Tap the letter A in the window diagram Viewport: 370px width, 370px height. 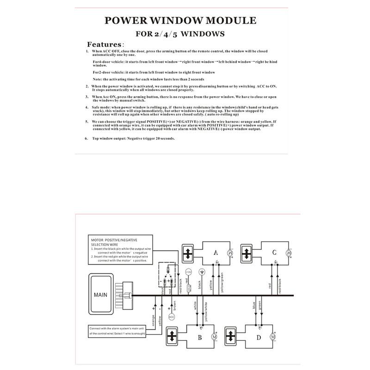[x=216, y=253]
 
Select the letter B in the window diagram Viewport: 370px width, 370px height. [x=200, y=337]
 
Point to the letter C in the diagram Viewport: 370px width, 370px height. [x=274, y=253]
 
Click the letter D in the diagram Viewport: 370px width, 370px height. [x=258, y=337]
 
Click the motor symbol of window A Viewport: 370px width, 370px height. [x=230, y=253]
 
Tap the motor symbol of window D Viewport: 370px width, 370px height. [x=272, y=337]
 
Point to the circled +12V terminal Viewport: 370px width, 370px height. [x=188, y=272]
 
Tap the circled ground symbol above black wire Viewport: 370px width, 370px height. [x=201, y=272]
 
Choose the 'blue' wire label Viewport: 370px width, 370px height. [x=253, y=306]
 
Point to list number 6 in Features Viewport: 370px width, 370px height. [x=86, y=138]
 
